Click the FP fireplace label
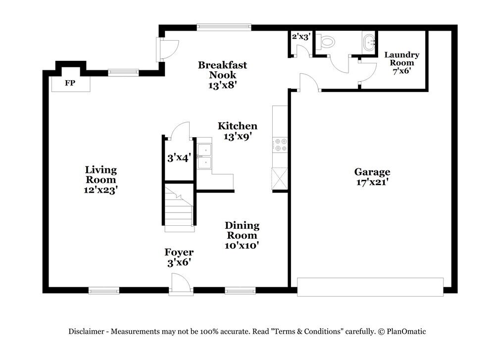click(x=70, y=83)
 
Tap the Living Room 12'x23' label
click(x=100, y=179)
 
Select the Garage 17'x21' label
click(x=372, y=177)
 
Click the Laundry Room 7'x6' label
click(x=401, y=62)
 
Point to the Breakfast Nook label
click(x=222, y=74)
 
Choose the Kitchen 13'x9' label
click(x=238, y=131)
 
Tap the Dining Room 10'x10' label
click(x=242, y=235)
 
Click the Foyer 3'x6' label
click(x=179, y=257)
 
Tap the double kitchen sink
click(x=203, y=156)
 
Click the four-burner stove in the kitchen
click(x=280, y=145)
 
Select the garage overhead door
click(x=370, y=287)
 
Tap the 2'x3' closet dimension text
click(x=300, y=36)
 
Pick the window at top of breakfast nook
click(x=224, y=27)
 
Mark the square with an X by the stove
click(x=280, y=178)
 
